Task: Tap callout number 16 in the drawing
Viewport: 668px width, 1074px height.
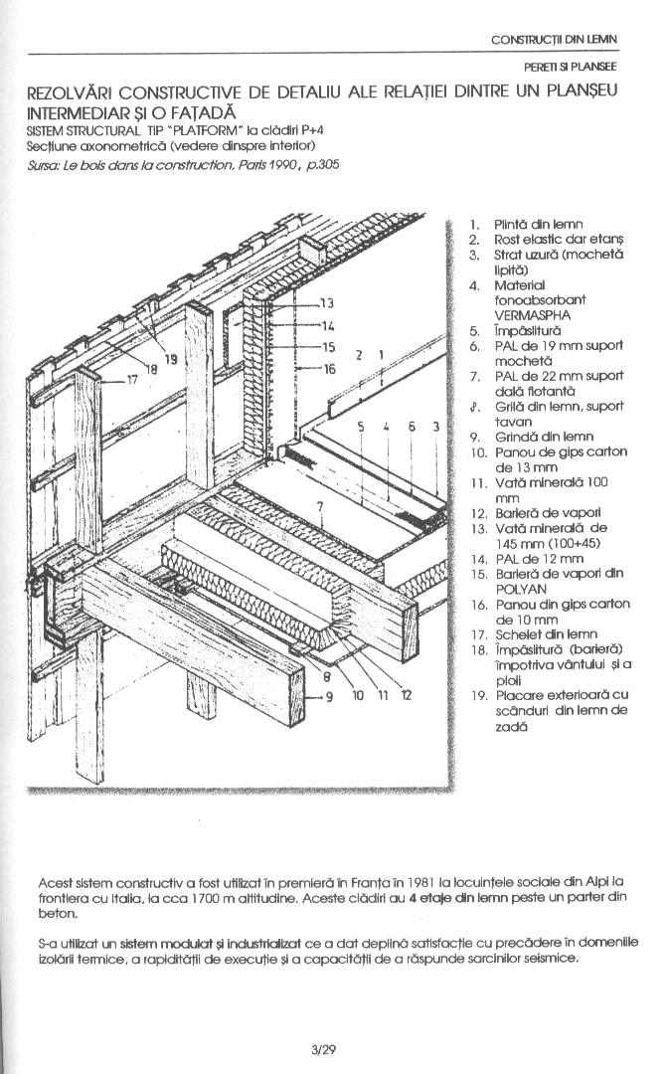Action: point(330,369)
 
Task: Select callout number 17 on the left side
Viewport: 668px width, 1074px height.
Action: point(132,379)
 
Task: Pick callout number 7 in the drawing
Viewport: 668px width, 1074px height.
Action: point(321,507)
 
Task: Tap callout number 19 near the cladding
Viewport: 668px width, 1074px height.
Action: point(172,359)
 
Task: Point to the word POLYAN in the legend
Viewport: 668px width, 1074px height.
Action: point(521,588)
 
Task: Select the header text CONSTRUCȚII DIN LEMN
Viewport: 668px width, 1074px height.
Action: point(554,40)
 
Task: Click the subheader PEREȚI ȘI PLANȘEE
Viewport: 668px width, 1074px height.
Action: point(571,67)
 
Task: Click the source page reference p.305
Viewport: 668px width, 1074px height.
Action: point(323,165)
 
